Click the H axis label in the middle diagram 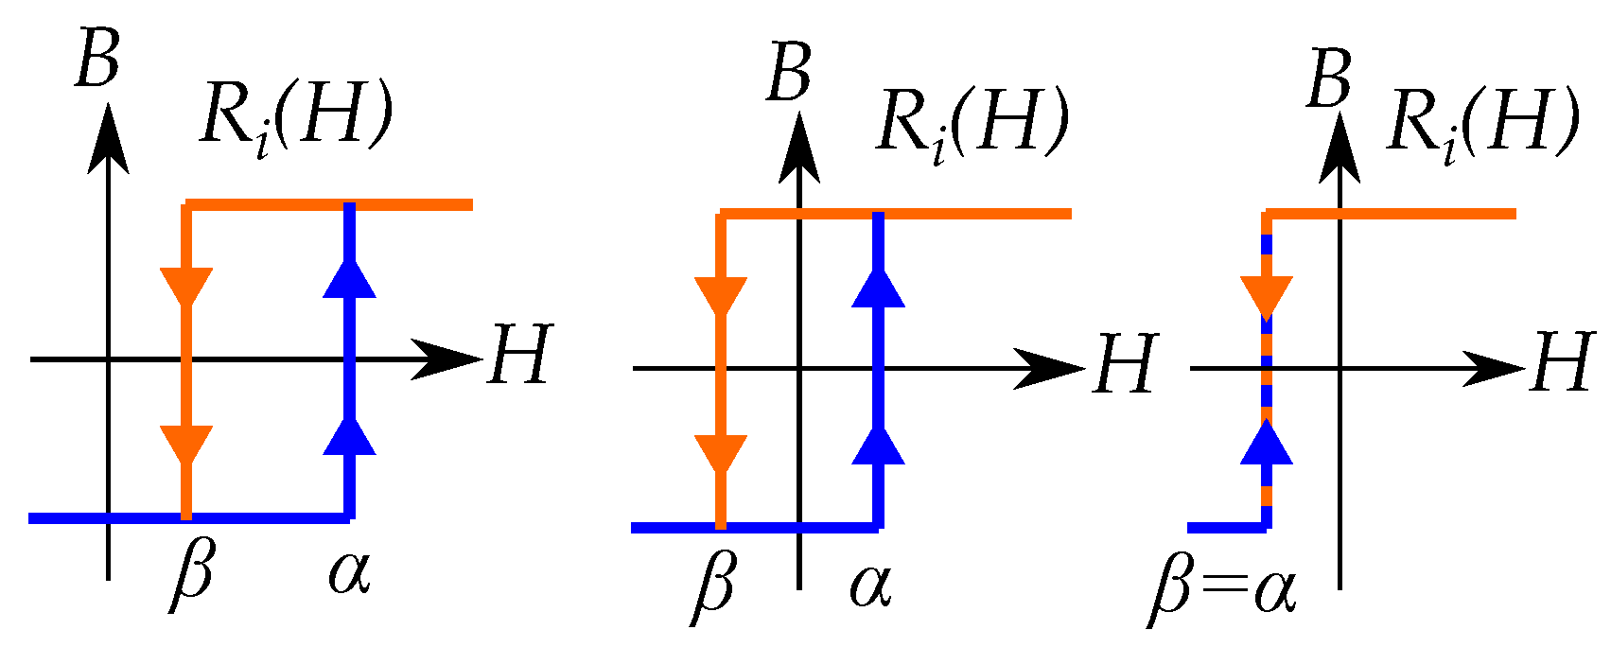coord(1126,365)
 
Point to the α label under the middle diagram coord(870,585)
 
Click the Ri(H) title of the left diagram coord(296,119)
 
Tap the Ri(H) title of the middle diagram coord(973,123)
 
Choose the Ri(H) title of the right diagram coord(1483,123)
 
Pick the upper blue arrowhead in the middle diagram coord(879,288)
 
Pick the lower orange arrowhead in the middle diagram coord(721,453)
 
